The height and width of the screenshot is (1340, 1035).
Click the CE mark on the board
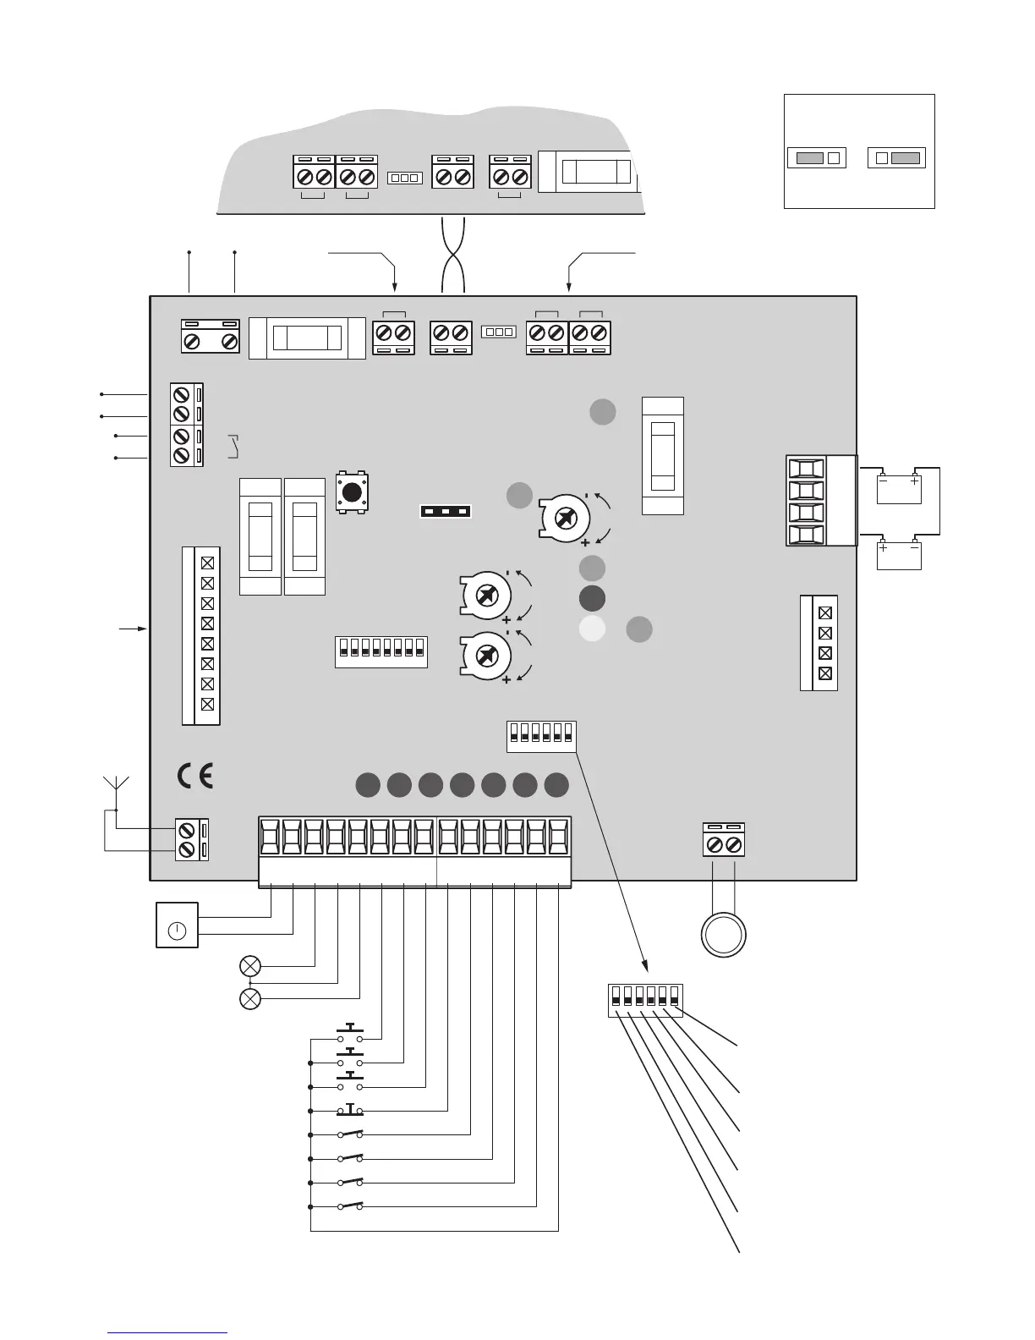[x=194, y=776]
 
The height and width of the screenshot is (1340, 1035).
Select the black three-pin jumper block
[x=445, y=511]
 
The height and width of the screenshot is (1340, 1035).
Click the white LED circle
[x=592, y=629]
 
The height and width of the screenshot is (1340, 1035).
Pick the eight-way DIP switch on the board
[x=381, y=651]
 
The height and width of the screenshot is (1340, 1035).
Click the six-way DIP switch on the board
[x=541, y=735]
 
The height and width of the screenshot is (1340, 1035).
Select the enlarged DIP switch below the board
[x=645, y=1000]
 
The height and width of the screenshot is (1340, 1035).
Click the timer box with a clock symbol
[x=177, y=925]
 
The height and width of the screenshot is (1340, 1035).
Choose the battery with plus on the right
[x=898, y=489]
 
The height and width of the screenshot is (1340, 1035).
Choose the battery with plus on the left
[x=898, y=556]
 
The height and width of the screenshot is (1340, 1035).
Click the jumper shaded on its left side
[x=816, y=157]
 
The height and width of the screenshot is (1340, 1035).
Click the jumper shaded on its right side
[x=896, y=157]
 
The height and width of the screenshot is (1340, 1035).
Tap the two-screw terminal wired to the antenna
[x=192, y=839]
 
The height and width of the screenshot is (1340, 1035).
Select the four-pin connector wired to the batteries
[x=807, y=502]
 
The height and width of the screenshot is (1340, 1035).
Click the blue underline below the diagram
[x=167, y=1332]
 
